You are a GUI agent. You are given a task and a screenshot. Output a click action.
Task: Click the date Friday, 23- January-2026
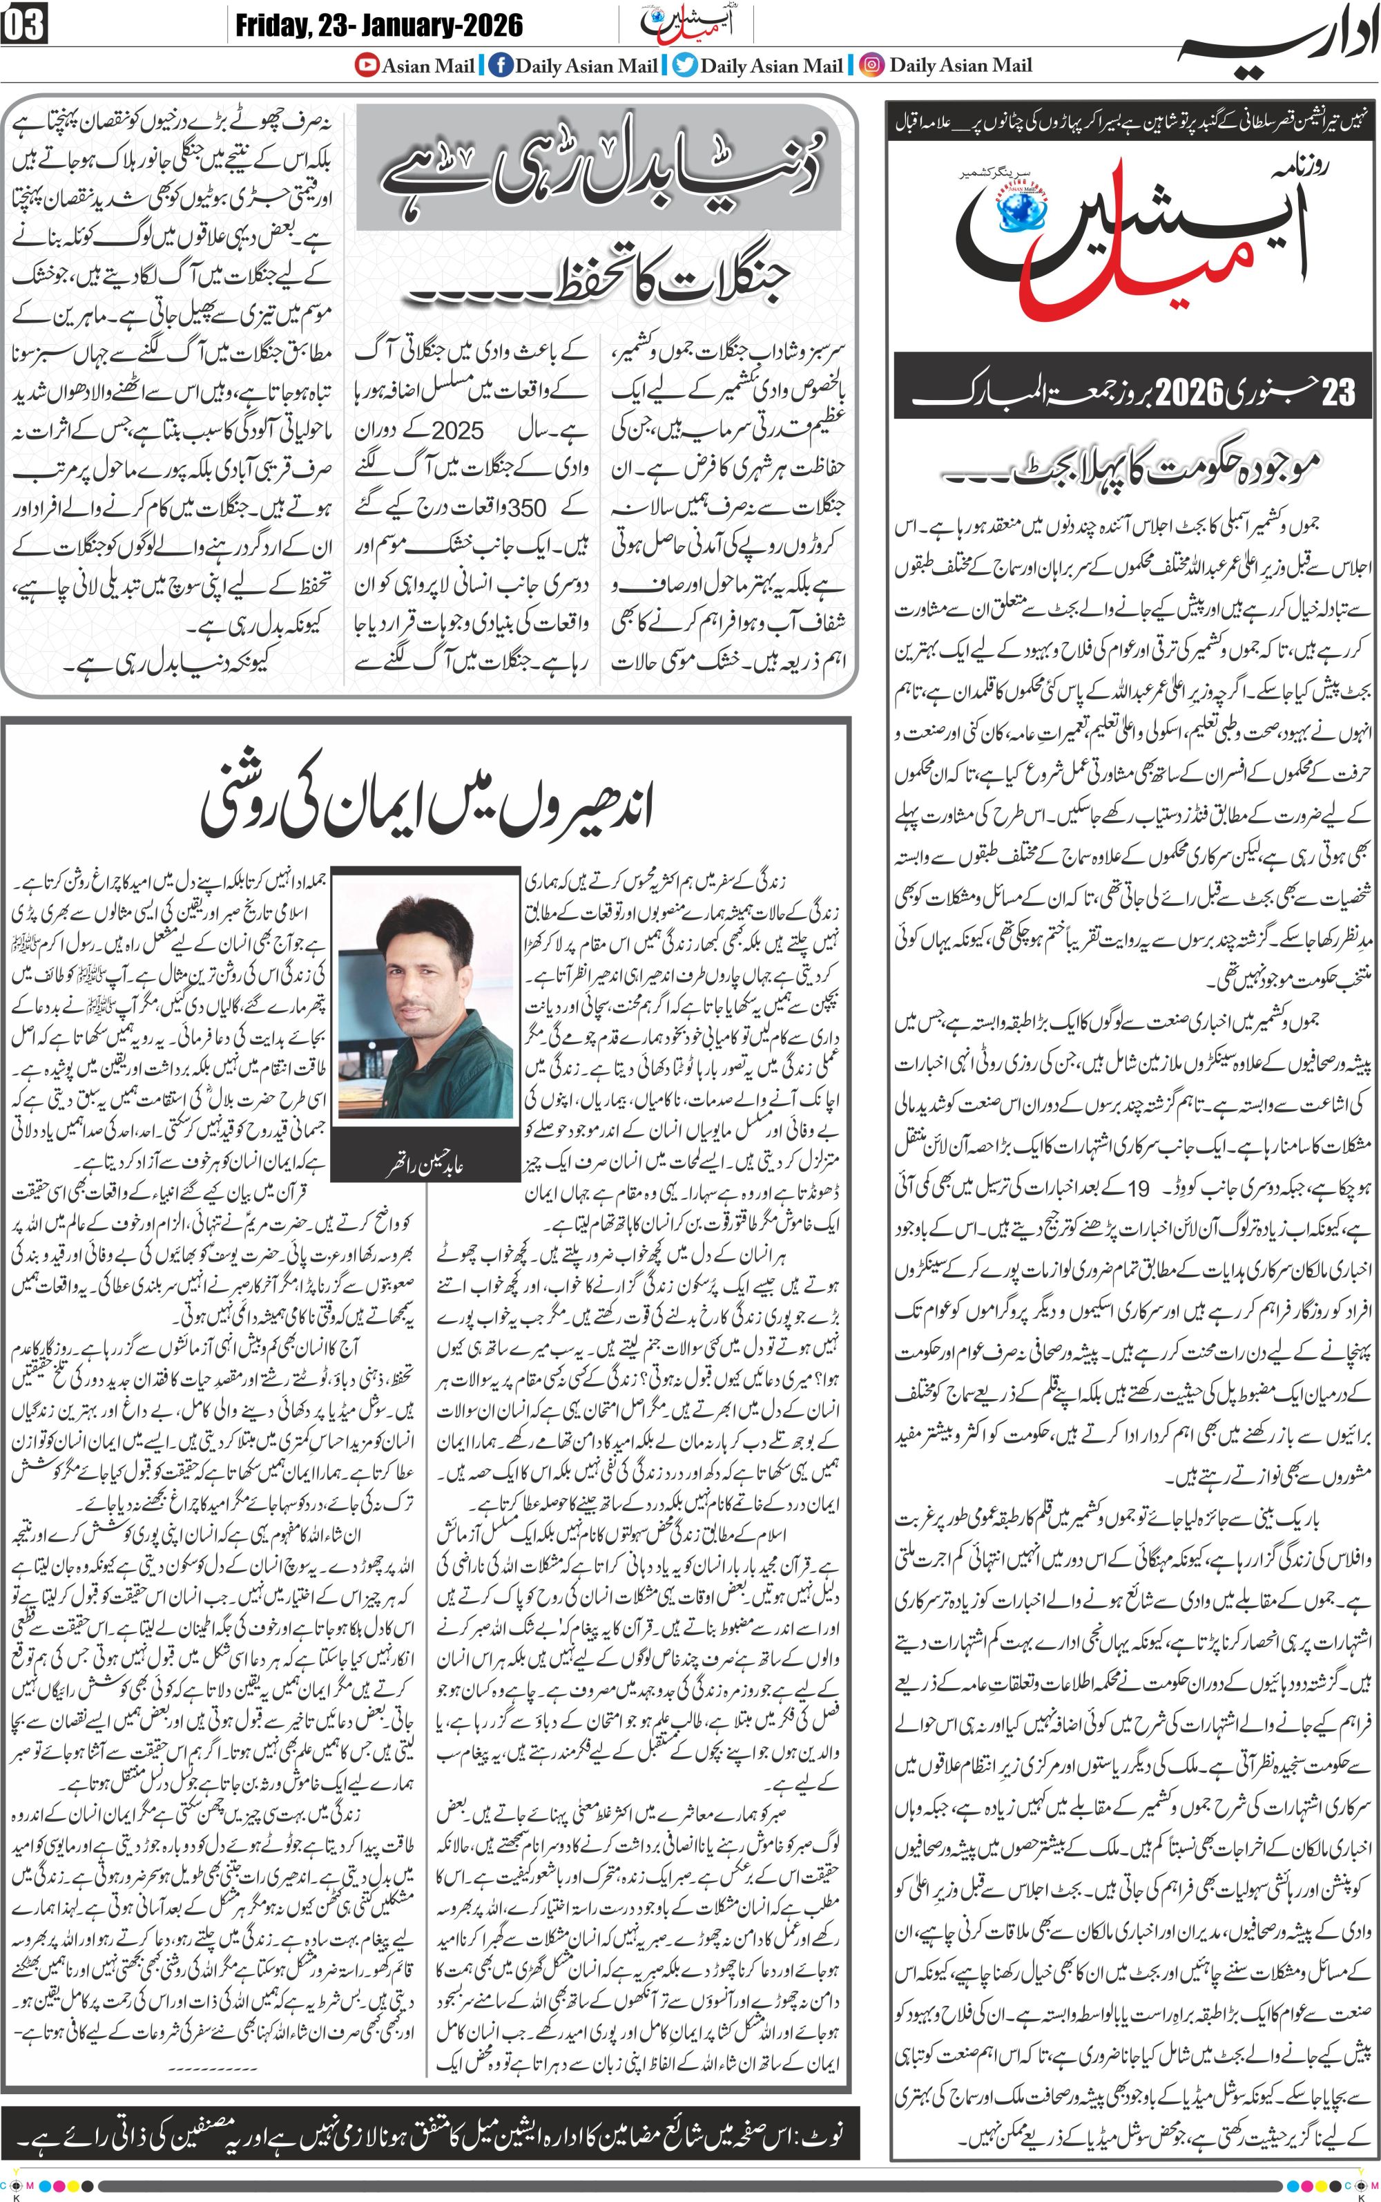[379, 25]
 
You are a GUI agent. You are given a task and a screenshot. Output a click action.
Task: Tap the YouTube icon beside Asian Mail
[367, 65]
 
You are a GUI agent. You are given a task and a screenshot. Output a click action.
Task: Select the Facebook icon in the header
[500, 65]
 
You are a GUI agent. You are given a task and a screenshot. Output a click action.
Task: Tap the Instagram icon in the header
[873, 65]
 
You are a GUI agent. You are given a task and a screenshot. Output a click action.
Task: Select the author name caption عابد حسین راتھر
[425, 1166]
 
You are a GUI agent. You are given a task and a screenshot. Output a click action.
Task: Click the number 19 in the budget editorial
[1138, 1188]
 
